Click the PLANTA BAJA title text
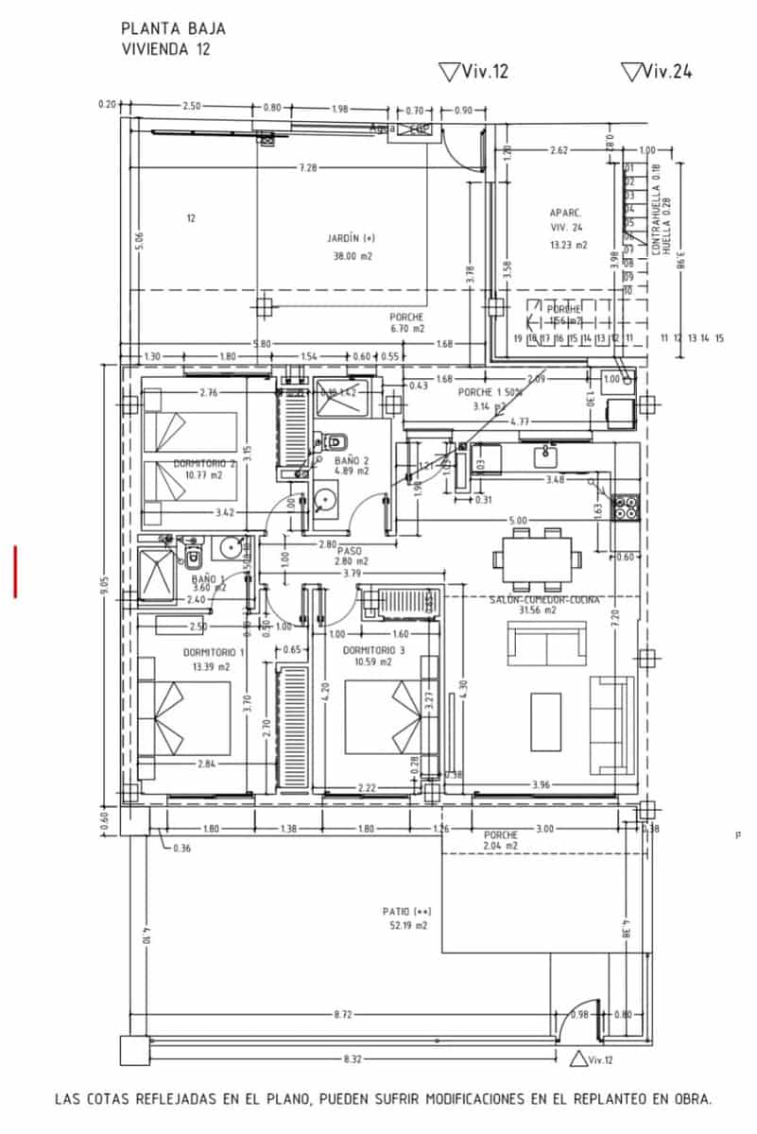pos(173,29)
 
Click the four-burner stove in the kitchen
pos(626,508)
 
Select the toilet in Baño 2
pos(337,440)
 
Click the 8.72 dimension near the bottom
pos(345,1014)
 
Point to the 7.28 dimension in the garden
pos(307,167)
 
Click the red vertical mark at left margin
pos(15,571)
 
